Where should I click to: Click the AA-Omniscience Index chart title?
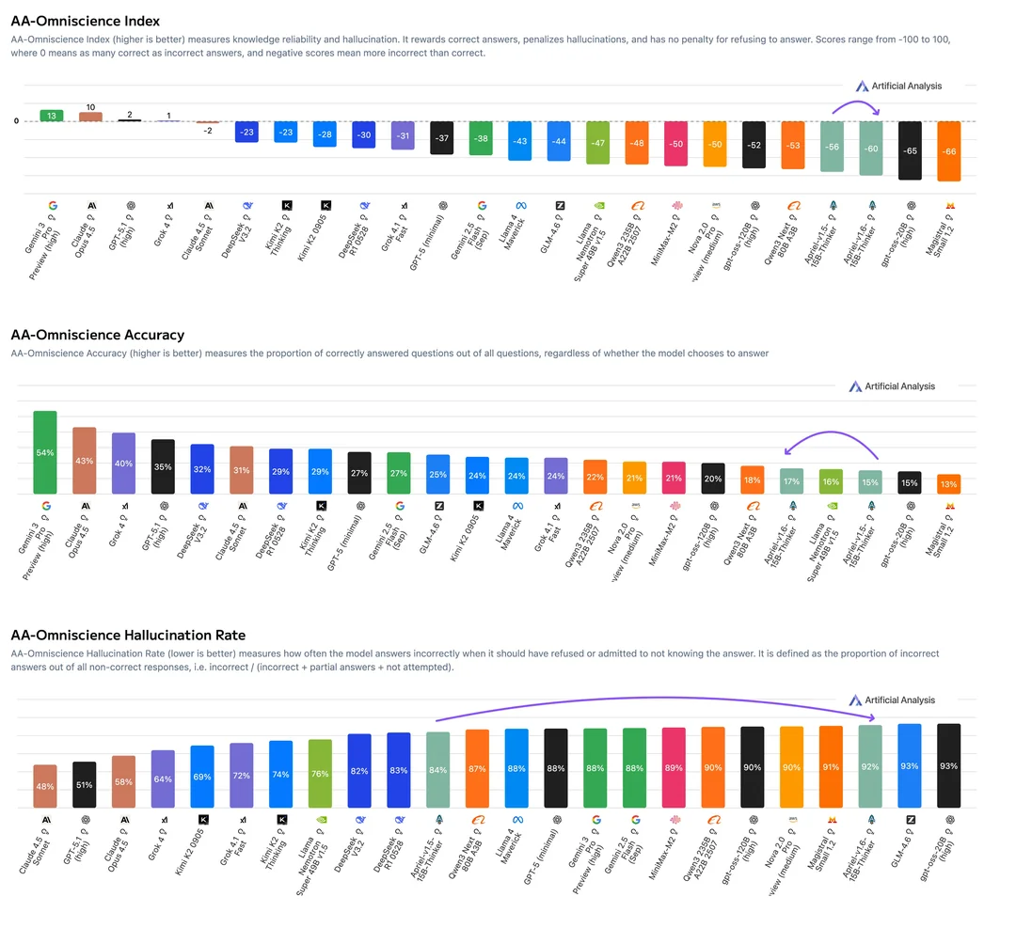click(x=86, y=21)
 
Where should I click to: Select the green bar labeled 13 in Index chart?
click(x=52, y=116)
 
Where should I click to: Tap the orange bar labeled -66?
click(x=949, y=150)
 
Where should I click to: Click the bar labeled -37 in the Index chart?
click(x=442, y=137)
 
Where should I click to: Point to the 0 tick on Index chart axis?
click(x=16, y=121)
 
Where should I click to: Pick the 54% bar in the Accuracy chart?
click(x=45, y=452)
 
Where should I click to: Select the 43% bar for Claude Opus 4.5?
click(x=85, y=461)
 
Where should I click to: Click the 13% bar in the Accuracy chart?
click(x=949, y=484)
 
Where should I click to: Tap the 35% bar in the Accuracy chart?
click(x=163, y=466)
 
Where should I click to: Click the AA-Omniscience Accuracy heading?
click(x=97, y=335)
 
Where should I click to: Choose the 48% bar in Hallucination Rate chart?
click(x=45, y=786)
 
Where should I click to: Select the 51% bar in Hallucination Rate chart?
click(x=85, y=784)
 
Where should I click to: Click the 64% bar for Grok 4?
click(x=163, y=779)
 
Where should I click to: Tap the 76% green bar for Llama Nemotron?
click(x=320, y=774)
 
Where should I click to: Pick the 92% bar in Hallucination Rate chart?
click(x=870, y=766)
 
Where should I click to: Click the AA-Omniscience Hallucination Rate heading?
click(x=129, y=635)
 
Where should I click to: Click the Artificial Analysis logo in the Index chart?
click(x=895, y=86)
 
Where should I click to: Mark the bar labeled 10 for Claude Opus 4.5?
click(x=90, y=117)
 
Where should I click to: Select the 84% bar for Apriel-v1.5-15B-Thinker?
click(x=437, y=770)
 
